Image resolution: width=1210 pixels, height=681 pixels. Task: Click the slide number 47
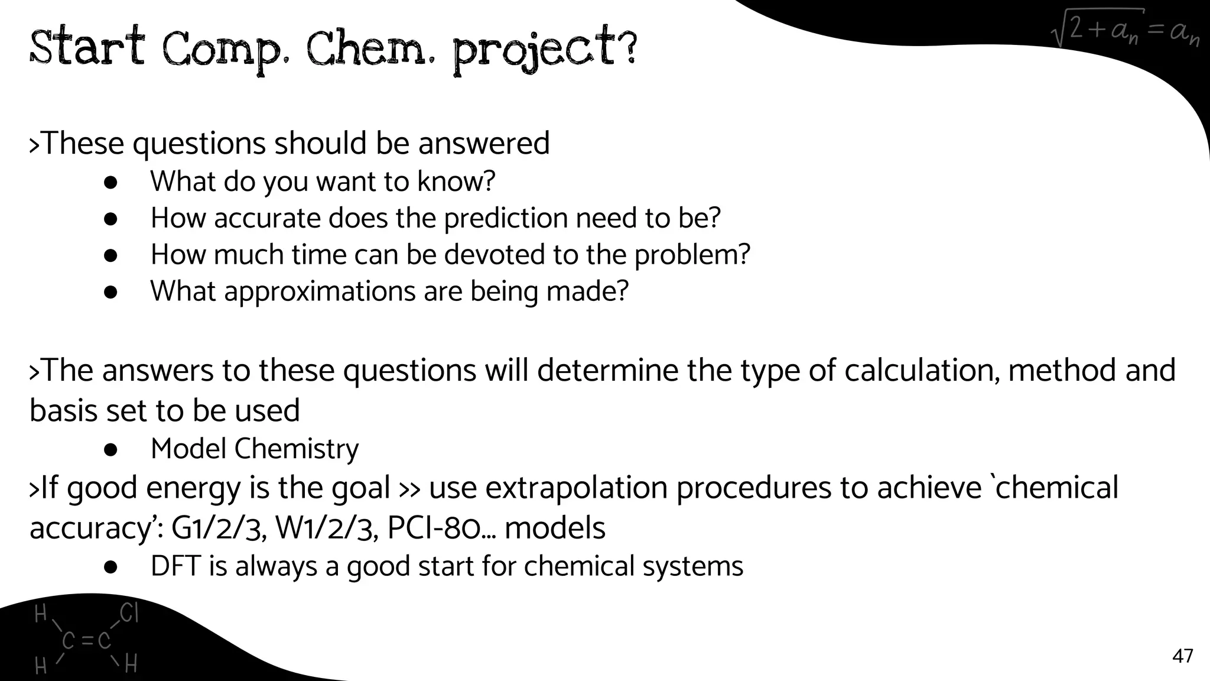[x=1182, y=656]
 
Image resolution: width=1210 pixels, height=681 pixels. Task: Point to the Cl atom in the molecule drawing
[x=129, y=614]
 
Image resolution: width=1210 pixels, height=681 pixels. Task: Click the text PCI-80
[x=434, y=528]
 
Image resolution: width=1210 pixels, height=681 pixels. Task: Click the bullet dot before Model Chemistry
[x=110, y=450]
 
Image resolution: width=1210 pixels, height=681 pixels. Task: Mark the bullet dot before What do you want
[x=110, y=183]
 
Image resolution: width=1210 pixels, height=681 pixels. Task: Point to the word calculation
[x=922, y=371]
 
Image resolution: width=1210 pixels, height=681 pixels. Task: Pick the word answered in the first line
[x=484, y=144]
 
